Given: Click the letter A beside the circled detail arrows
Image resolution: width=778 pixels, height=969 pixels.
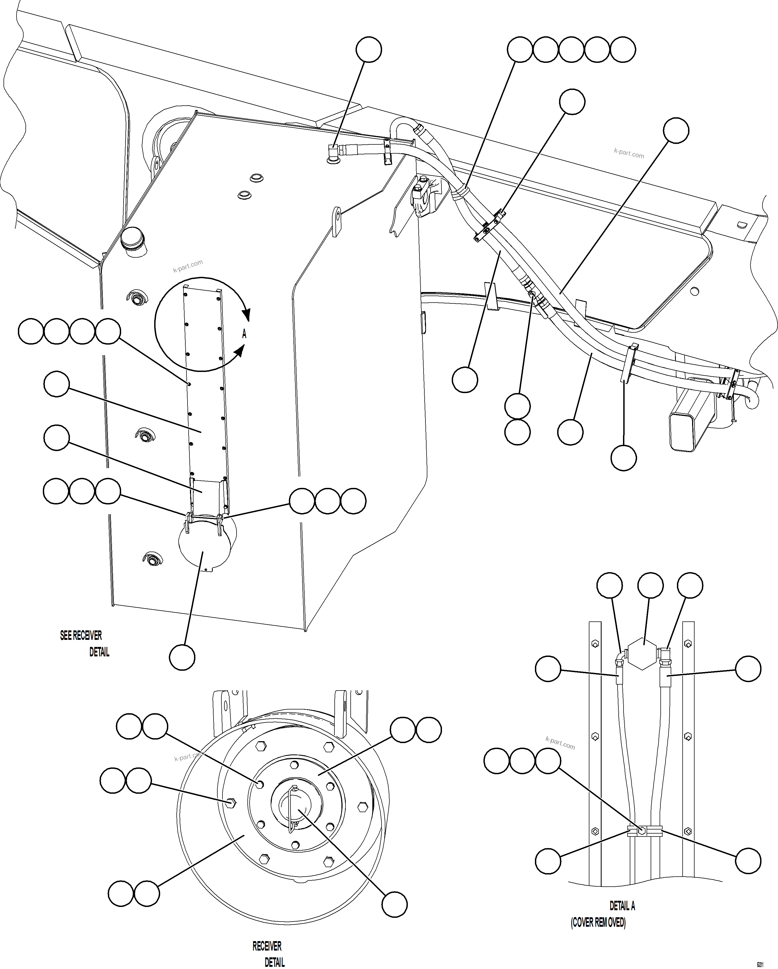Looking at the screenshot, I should [244, 334].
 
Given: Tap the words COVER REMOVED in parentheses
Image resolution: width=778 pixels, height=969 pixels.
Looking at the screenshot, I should [598, 923].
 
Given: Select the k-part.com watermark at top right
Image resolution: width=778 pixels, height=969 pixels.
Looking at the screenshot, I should [629, 154].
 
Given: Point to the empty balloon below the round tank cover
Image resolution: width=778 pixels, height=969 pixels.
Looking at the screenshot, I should [182, 657].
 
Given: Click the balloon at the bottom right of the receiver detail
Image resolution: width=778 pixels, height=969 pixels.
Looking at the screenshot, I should [394, 904].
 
